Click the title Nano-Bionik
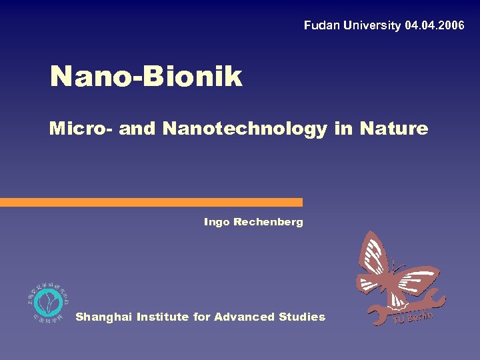coord(146,77)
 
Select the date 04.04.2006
coord(434,26)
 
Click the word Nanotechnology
coord(244,128)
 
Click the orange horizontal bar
coord(151,202)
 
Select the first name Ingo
coord(217,222)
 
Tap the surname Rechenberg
coord(268,222)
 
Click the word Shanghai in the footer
coord(103,317)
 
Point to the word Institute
coord(163,317)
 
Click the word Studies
coord(304,317)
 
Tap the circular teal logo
coord(48,303)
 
